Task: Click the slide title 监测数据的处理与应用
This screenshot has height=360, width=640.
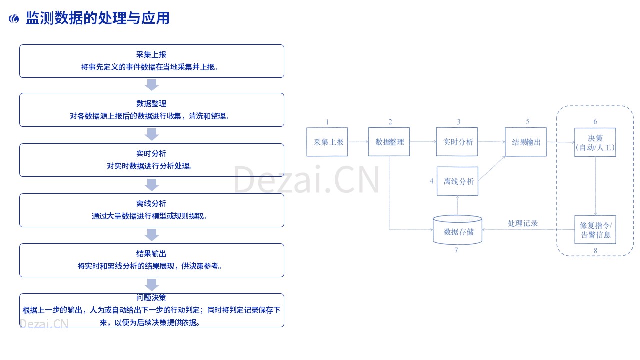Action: [x=97, y=18]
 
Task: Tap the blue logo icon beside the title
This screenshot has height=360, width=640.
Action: [x=14, y=19]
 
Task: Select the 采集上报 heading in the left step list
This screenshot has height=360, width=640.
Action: [x=151, y=54]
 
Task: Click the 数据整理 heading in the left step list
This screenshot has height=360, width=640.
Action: [x=151, y=103]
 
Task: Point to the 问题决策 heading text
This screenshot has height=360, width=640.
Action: [x=151, y=297]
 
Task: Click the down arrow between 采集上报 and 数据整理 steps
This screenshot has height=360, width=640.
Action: [x=152, y=85]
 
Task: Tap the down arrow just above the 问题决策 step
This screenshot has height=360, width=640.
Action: [x=152, y=285]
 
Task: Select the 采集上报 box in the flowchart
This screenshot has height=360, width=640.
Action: [x=327, y=142]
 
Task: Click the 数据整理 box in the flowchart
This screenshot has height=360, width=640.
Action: [x=389, y=142]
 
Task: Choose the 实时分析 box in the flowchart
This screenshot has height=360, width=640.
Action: [x=457, y=142]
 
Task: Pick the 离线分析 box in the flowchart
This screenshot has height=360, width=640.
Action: [x=457, y=181]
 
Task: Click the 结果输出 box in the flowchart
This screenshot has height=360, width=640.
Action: [x=526, y=142]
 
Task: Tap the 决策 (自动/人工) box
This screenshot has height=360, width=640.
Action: [x=595, y=142]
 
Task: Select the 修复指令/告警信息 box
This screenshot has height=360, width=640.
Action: [x=595, y=230]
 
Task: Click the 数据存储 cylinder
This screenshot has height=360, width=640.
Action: [x=457, y=230]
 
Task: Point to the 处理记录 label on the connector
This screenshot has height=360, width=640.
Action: [x=523, y=223]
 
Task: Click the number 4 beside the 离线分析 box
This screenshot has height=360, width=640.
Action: [x=431, y=181]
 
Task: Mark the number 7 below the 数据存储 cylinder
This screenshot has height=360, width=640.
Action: [x=456, y=250]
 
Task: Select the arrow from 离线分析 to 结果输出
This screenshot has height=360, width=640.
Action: [x=491, y=168]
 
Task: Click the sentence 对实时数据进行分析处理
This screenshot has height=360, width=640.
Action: [x=149, y=166]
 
